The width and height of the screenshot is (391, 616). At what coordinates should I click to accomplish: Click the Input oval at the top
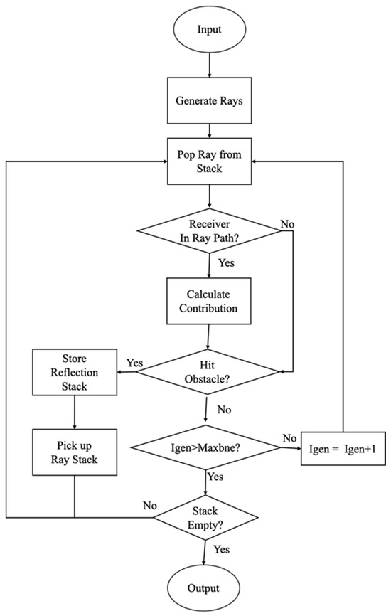209,30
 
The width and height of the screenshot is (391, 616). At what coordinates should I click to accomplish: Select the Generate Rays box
209,100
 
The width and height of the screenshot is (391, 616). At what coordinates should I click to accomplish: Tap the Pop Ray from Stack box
209,161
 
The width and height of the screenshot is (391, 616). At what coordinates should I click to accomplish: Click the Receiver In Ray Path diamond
209,230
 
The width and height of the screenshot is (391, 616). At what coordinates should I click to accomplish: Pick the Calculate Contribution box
209,302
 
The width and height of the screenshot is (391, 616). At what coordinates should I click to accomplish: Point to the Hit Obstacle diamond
207,371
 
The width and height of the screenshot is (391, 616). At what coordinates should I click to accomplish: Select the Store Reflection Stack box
75,372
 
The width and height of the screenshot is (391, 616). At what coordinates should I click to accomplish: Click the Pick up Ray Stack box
75,452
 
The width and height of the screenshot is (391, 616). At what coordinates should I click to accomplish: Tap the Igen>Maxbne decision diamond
205,448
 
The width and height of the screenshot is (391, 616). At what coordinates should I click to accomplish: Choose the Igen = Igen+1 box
343,449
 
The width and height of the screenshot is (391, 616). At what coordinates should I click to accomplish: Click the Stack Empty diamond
205,518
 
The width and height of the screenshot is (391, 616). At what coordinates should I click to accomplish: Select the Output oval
203,588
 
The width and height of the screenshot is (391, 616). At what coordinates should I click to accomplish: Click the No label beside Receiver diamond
287,224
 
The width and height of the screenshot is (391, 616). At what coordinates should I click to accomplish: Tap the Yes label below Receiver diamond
226,262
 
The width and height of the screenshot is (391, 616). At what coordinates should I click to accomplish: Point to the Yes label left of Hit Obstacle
134,363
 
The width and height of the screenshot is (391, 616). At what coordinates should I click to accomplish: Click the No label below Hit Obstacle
224,410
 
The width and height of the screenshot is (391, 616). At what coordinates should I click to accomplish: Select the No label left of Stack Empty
150,506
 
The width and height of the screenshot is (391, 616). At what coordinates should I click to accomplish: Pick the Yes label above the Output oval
221,549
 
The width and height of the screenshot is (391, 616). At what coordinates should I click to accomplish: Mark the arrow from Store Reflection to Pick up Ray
75,412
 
